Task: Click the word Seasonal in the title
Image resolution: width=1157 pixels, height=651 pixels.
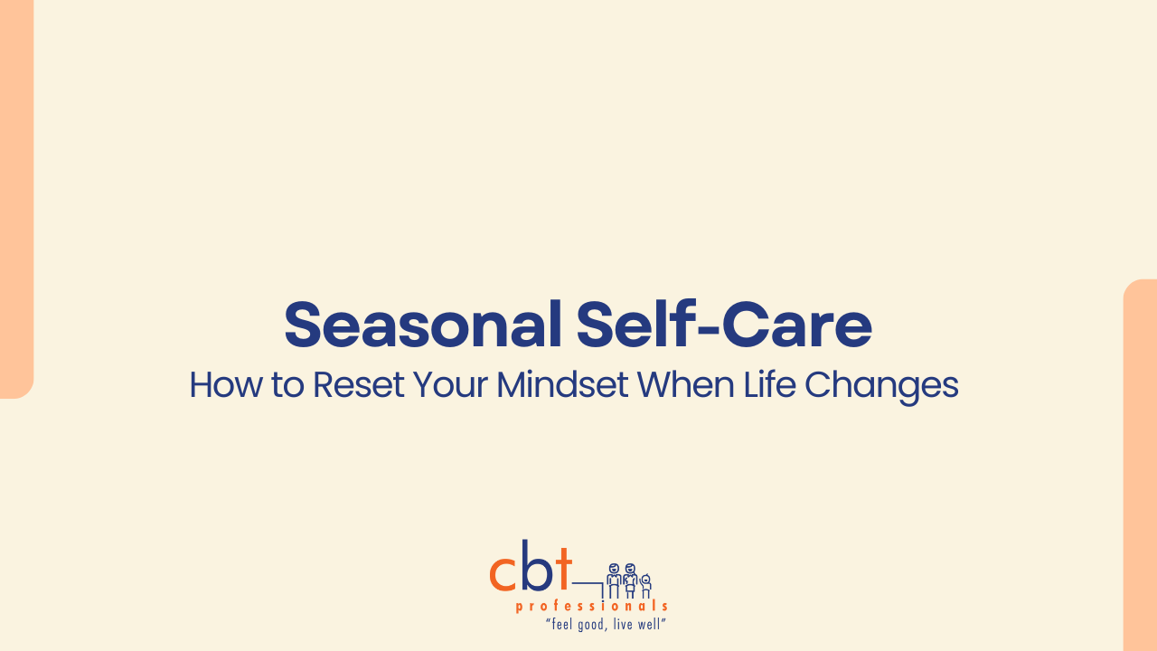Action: [x=423, y=325]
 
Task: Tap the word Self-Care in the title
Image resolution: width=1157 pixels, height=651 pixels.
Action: [x=724, y=325]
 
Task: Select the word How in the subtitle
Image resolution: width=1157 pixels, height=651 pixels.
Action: [x=226, y=385]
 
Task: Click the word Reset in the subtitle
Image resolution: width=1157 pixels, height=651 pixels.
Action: [x=359, y=385]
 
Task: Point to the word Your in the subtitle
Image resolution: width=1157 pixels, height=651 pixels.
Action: [x=450, y=385]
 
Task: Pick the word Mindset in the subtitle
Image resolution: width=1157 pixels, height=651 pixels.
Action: [x=562, y=385]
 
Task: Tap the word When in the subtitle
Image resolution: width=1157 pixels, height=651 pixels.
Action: [x=685, y=385]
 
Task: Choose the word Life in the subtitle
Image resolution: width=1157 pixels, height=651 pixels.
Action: [x=769, y=385]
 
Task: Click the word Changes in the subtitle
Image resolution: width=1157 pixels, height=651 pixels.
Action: [x=881, y=386]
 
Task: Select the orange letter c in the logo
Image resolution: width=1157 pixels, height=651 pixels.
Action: [x=503, y=573]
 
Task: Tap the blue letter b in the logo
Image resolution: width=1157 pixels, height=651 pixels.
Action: [x=537, y=565]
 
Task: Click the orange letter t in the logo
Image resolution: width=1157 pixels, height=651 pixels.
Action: [x=563, y=569]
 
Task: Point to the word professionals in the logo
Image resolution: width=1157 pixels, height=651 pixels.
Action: [x=592, y=606]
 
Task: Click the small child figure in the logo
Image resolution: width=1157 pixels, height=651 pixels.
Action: [x=645, y=586]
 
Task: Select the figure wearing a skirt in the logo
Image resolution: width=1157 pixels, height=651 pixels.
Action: [x=630, y=580]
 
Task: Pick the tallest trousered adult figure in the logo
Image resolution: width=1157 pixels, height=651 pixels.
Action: [x=614, y=580]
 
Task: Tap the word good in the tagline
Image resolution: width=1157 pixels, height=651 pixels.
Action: [x=591, y=625]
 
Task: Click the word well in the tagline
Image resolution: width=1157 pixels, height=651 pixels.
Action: [x=649, y=624]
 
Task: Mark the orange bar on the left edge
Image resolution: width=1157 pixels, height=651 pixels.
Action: [x=16, y=199]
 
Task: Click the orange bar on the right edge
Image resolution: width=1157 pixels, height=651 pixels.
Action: [x=1140, y=465]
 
